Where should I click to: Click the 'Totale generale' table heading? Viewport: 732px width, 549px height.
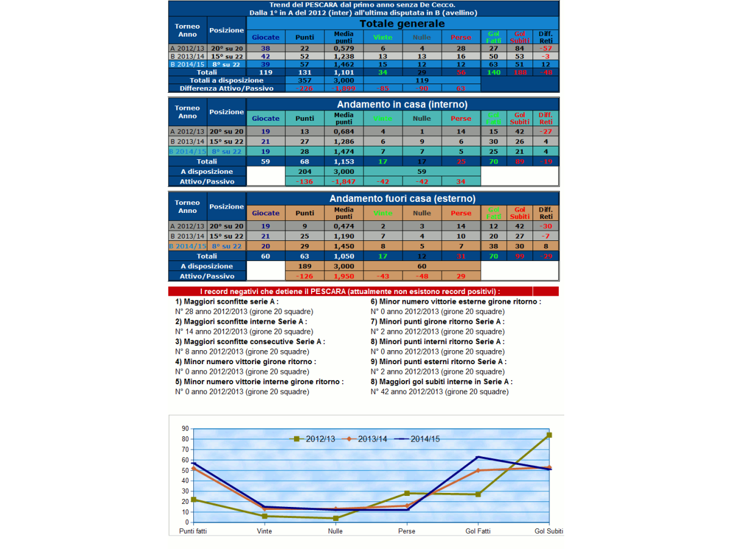[401, 24]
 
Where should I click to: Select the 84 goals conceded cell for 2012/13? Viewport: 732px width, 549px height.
[520, 48]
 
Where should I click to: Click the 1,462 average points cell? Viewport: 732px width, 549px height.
[343, 63]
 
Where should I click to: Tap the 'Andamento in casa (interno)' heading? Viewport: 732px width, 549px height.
[402, 104]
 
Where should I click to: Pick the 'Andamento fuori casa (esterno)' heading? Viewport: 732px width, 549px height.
[402, 199]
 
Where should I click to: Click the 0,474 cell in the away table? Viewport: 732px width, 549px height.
[343, 226]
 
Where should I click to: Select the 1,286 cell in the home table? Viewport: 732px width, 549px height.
[343, 142]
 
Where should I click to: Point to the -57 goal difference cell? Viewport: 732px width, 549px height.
[546, 48]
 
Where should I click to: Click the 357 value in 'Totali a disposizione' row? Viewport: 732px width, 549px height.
[304, 80]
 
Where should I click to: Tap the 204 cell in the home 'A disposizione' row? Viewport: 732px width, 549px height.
[304, 171]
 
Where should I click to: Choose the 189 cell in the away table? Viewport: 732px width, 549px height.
[304, 266]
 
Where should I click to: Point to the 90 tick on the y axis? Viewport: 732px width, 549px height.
[185, 429]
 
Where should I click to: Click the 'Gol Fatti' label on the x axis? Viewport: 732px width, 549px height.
[478, 531]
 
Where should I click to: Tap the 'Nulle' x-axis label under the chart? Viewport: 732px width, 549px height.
[335, 531]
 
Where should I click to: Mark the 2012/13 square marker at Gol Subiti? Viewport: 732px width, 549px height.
[549, 435]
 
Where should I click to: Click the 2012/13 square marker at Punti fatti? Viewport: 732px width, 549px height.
[193, 500]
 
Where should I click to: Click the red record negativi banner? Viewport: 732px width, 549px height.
[363, 292]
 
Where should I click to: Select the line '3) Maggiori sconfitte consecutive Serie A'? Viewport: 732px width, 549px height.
[250, 342]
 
